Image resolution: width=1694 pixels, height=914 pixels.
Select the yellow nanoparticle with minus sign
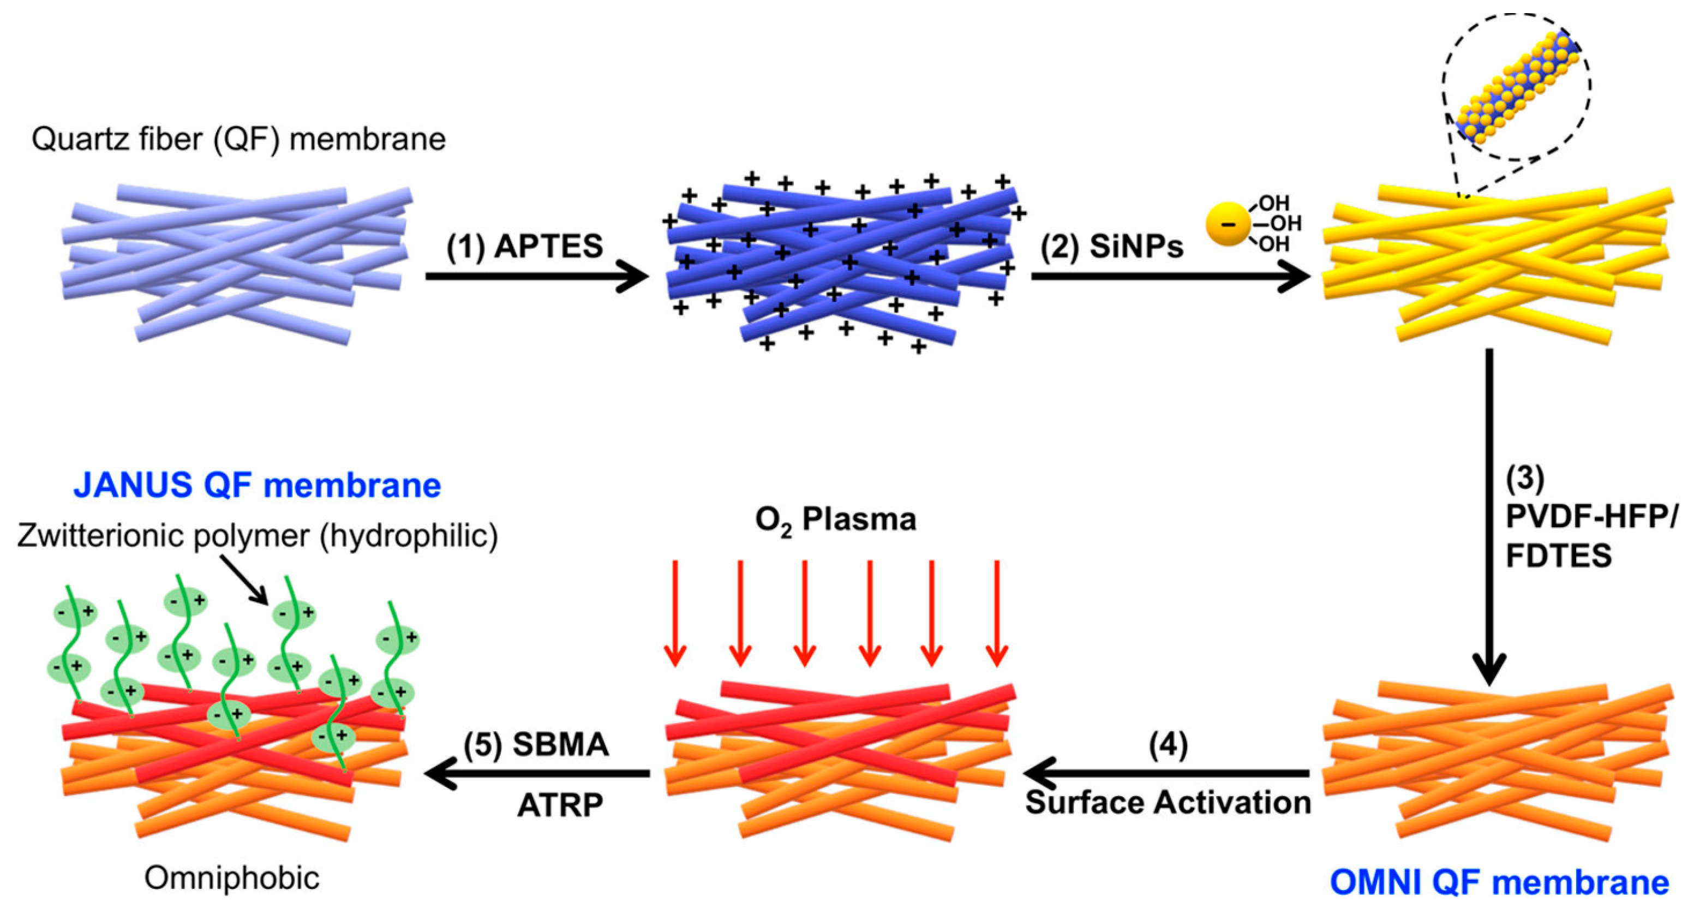click(1227, 224)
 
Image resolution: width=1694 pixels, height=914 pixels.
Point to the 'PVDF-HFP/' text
click(1591, 517)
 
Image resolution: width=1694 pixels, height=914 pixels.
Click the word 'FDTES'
click(1559, 556)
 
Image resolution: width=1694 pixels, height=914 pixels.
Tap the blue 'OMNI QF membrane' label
click(1499, 882)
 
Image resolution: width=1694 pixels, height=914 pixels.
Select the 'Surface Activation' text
click(1168, 803)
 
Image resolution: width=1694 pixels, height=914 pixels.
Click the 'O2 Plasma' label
click(835, 520)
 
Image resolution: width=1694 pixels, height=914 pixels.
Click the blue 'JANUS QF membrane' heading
click(257, 485)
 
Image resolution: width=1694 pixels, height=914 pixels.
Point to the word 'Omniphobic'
click(231, 878)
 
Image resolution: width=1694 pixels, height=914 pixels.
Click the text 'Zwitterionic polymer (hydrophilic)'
click(257, 535)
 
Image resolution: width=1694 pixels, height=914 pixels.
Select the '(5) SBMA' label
click(536, 744)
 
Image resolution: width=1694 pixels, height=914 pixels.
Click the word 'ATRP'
click(560, 805)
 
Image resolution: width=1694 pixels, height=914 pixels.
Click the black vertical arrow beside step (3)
click(1489, 513)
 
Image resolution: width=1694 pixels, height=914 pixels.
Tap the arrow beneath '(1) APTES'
click(536, 276)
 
